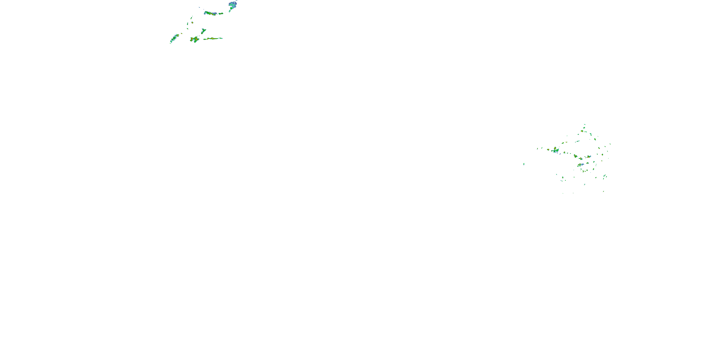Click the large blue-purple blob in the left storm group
click(x=232, y=5)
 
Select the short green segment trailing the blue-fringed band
click(x=221, y=13)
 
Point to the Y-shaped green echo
click(x=204, y=30)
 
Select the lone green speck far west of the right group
click(x=524, y=164)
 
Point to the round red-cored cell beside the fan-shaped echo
click(x=548, y=150)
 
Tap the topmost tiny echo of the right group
click(x=584, y=125)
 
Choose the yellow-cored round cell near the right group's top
click(x=582, y=131)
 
